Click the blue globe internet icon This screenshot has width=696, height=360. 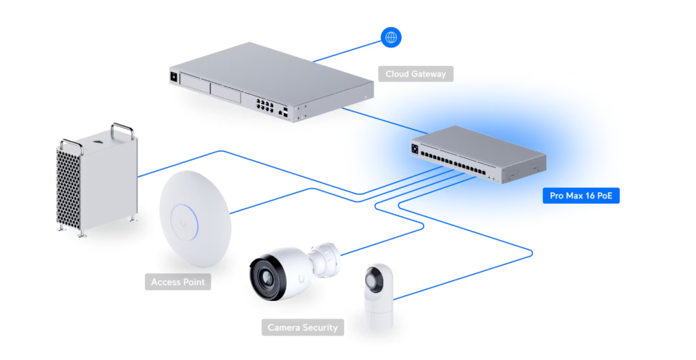pos(391,37)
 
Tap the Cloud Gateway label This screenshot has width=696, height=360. pos(415,74)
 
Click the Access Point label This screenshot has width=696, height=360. pos(177,282)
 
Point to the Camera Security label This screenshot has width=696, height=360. pos(302,327)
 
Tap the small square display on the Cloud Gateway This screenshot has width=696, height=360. pos(175,77)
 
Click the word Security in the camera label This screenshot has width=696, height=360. pos(319,327)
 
